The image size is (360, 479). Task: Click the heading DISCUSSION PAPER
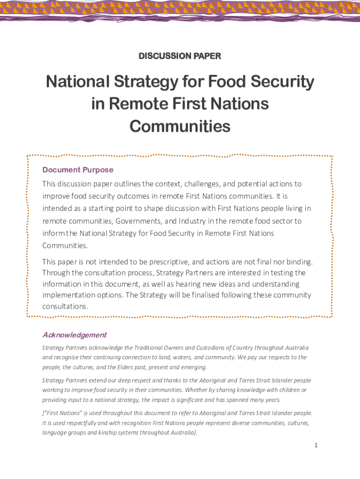(180, 56)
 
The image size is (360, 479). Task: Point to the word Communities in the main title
(180, 126)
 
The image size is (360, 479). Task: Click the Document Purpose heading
(78, 170)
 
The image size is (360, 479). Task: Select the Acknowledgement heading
(74, 335)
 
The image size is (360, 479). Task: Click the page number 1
(316, 445)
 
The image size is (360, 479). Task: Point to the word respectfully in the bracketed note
(78, 423)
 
